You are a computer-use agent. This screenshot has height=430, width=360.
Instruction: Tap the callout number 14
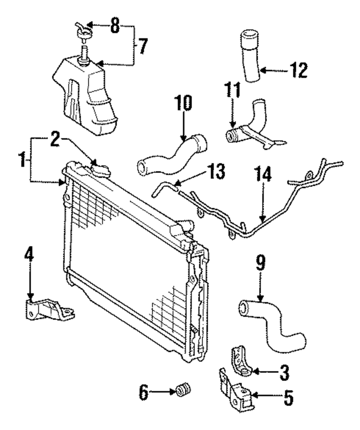point(263,174)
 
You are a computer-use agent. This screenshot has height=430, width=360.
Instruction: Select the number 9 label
point(261,262)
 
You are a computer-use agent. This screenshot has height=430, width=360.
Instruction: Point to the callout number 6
point(143,393)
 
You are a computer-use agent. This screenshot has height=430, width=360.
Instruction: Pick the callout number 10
point(184,103)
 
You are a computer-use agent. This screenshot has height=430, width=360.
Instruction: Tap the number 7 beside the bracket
point(143,46)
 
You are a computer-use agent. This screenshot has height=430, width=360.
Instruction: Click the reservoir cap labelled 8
point(84,32)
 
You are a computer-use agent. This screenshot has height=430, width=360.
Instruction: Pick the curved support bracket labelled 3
point(241,362)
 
